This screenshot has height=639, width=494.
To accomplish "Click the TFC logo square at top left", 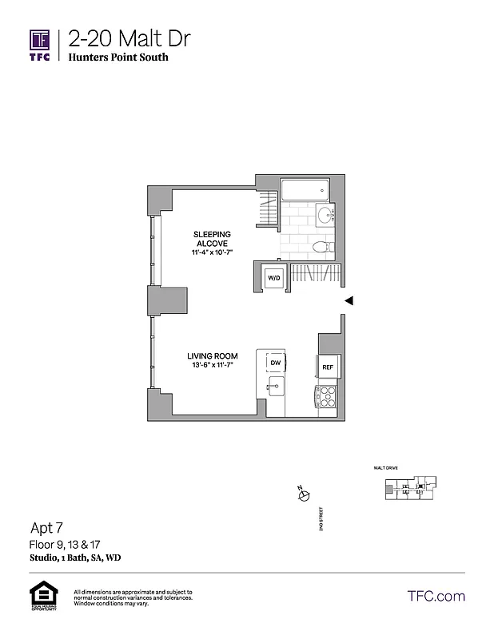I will (x=41, y=40).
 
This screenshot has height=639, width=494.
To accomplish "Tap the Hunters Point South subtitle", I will (x=118, y=58).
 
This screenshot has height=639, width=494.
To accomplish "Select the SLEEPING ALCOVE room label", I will (x=212, y=239).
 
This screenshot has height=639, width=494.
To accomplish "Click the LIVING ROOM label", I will (x=210, y=356).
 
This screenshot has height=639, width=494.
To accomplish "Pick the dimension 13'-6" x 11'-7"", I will (x=210, y=366).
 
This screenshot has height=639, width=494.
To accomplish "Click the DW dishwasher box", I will (x=274, y=363).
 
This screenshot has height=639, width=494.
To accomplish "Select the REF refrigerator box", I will (x=328, y=367).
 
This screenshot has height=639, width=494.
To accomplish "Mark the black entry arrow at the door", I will (x=348, y=300).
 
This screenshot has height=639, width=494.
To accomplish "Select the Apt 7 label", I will (x=47, y=527).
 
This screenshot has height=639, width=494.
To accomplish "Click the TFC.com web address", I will (x=436, y=596).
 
